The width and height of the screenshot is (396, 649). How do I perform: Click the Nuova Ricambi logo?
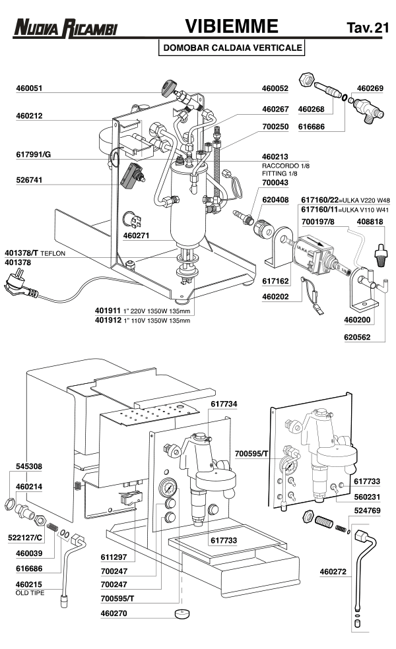(x=65, y=28)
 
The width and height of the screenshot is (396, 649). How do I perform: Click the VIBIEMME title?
(x=232, y=26)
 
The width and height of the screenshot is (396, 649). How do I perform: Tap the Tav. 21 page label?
(x=368, y=27)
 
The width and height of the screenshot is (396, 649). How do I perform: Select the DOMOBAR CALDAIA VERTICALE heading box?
(x=232, y=47)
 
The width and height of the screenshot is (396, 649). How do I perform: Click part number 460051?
(x=29, y=88)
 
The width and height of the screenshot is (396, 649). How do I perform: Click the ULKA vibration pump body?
(x=315, y=254)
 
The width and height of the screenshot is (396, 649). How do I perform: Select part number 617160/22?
(x=320, y=200)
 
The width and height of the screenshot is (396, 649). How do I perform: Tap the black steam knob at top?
(x=168, y=88)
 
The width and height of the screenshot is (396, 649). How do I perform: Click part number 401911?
(x=108, y=311)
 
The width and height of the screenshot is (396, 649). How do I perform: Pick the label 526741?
(x=29, y=180)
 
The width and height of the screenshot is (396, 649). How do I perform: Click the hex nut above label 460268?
(x=306, y=78)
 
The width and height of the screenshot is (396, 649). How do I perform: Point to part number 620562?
(x=357, y=337)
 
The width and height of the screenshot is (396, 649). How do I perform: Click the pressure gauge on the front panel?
(x=168, y=487)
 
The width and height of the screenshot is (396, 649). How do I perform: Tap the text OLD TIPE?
(x=30, y=593)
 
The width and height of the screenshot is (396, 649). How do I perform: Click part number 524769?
(x=367, y=510)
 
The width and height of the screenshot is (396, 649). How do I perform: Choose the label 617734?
(x=224, y=404)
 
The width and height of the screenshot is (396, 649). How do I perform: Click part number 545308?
(x=29, y=466)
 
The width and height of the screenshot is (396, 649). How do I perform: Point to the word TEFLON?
(x=53, y=253)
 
